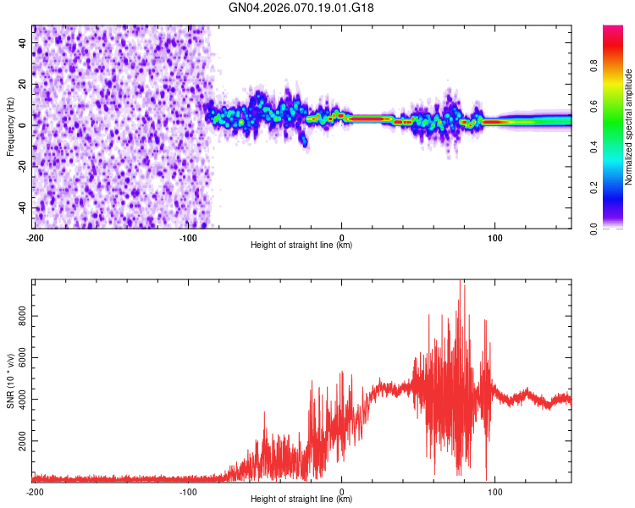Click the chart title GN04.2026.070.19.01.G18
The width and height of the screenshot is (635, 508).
click(302, 8)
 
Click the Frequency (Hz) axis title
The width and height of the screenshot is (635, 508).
click(10, 125)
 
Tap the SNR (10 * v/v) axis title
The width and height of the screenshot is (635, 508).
click(10, 380)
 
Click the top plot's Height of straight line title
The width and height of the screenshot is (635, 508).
click(301, 245)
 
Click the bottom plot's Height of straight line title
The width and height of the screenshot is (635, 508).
click(301, 499)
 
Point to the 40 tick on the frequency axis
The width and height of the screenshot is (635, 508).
click(23, 42)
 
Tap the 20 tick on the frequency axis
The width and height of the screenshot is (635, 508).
click(23, 84)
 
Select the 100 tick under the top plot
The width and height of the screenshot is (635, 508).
click(494, 236)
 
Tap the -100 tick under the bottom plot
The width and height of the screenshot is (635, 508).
click(188, 490)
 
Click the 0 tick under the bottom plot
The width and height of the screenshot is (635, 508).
click(341, 490)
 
